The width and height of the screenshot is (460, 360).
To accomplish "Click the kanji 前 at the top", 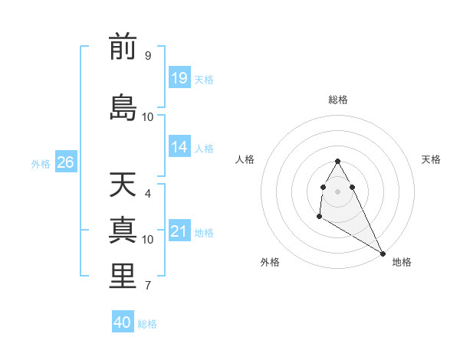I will (x=123, y=47).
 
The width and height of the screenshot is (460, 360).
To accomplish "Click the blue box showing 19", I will (x=179, y=78).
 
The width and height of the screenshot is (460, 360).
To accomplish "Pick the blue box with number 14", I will (x=179, y=148).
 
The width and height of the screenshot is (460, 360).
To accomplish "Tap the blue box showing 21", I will (x=179, y=231).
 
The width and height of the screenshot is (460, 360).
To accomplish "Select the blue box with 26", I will (x=65, y=162).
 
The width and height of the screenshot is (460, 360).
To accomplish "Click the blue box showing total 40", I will (x=122, y=322).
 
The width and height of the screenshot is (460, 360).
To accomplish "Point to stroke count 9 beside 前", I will (x=147, y=56).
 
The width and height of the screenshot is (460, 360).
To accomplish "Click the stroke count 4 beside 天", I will (x=147, y=194).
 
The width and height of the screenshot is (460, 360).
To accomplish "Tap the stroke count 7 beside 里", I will (x=147, y=286).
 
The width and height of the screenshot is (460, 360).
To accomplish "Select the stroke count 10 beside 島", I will (x=148, y=116).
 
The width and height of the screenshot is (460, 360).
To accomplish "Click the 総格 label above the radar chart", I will (x=337, y=100).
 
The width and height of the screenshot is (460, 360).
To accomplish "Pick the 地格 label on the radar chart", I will (x=402, y=262).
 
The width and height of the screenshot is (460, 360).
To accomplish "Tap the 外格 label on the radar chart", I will (x=270, y=262).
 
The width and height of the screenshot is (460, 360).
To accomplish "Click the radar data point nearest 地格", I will (x=383, y=254).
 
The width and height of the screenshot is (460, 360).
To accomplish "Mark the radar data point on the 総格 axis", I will (x=337, y=161).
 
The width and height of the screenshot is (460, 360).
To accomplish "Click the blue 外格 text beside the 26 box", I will (x=40, y=163).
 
